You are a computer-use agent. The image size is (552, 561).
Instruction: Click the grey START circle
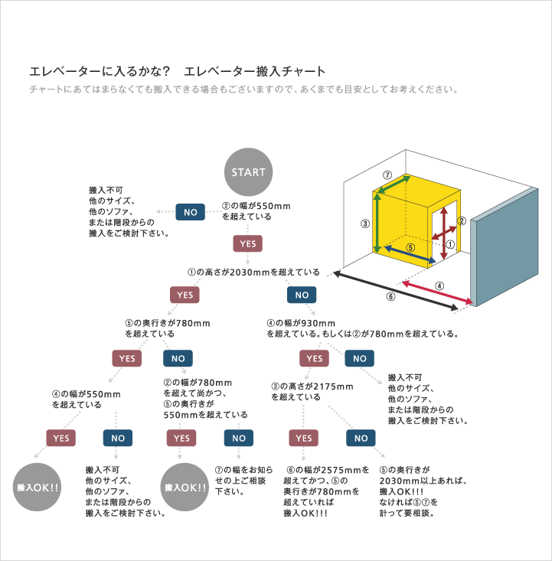(248, 172)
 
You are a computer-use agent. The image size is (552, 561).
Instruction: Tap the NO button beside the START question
(190, 212)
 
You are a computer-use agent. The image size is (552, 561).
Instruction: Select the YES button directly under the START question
(248, 243)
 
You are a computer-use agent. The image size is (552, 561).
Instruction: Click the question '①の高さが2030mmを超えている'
(253, 272)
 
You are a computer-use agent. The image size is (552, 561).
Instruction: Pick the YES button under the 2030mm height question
(185, 295)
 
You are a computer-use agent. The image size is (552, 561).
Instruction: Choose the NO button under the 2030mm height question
(302, 295)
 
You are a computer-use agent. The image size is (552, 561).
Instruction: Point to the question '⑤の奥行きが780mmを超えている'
(168, 328)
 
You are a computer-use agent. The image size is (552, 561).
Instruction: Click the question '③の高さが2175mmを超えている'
(312, 392)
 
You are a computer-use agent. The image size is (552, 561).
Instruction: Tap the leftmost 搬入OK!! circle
(37, 487)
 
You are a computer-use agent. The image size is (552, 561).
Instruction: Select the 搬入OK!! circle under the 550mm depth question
(185, 487)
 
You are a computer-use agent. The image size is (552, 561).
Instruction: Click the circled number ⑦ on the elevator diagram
(387, 175)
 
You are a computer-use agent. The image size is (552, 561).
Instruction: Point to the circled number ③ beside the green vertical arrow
(364, 224)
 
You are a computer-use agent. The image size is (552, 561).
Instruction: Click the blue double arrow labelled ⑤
(410, 254)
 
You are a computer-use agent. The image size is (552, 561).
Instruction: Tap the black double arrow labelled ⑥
(396, 291)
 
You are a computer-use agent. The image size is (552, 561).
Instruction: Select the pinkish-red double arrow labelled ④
(437, 292)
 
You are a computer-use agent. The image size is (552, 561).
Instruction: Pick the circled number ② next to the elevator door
(462, 220)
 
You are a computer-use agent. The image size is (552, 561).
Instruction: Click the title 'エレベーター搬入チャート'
(254, 71)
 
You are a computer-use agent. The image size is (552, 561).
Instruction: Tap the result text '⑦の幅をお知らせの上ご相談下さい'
(243, 481)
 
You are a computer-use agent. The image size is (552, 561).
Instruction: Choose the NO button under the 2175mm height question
(361, 438)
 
